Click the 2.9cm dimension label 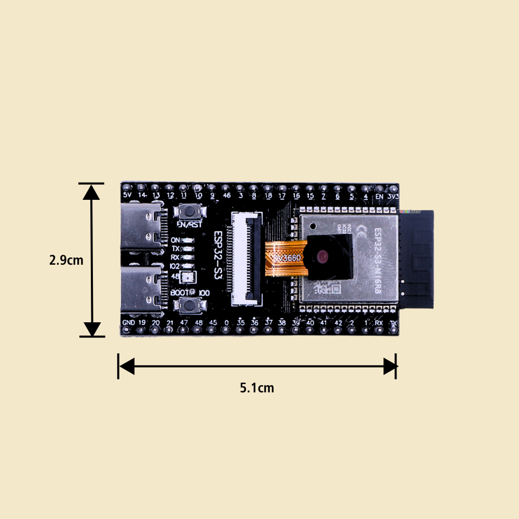pyautogui.click(x=66, y=260)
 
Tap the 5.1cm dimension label pyautogui.click(x=257, y=388)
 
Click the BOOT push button pyautogui.click(x=188, y=305)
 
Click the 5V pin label pyautogui.click(x=128, y=196)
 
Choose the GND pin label pyautogui.click(x=128, y=323)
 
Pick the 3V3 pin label pyautogui.click(x=393, y=197)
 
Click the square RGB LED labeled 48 pyautogui.click(x=187, y=276)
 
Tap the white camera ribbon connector pyautogui.click(x=247, y=258)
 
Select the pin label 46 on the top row pyautogui.click(x=226, y=196)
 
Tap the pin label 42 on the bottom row pyautogui.click(x=338, y=323)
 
